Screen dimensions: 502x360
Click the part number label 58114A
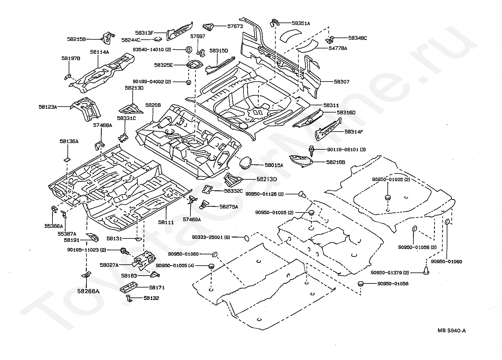click(x=100, y=52)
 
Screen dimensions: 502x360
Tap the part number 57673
click(x=235, y=26)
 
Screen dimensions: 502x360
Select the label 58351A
click(x=301, y=23)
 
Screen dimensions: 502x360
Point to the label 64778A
click(x=338, y=48)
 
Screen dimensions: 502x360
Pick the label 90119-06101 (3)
click(x=346, y=149)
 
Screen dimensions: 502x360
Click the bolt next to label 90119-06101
click(x=311, y=150)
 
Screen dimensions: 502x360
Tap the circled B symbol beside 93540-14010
click(x=189, y=50)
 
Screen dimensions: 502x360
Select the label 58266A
click(x=88, y=291)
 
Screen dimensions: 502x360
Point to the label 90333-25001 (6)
click(x=211, y=237)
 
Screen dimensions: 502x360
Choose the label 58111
click(x=166, y=222)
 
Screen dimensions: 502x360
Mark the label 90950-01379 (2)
click(x=390, y=272)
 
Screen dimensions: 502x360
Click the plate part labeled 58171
click(x=129, y=288)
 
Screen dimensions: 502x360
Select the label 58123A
click(x=48, y=107)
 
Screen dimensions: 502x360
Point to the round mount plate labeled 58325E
click(x=194, y=65)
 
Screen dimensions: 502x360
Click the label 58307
click(x=342, y=82)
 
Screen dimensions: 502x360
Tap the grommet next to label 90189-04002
click(x=189, y=82)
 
